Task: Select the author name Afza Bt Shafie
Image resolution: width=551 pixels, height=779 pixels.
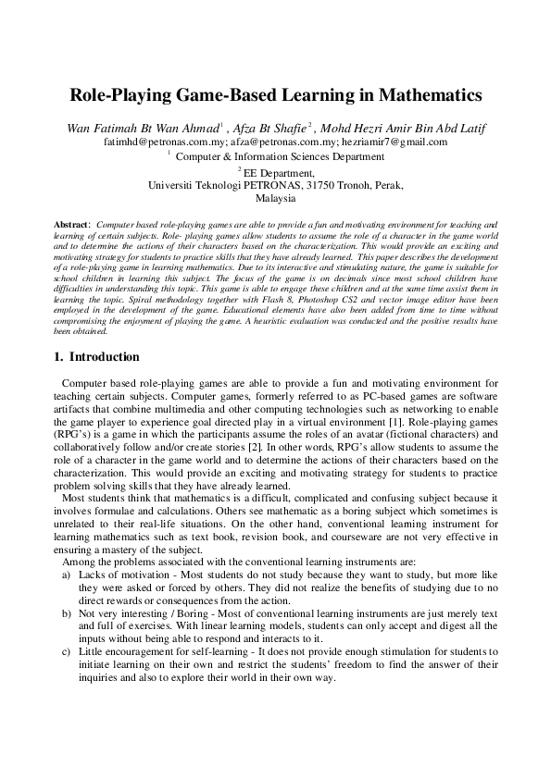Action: pyautogui.click(x=268, y=127)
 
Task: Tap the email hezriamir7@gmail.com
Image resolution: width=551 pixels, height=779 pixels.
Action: pyautogui.click(x=394, y=142)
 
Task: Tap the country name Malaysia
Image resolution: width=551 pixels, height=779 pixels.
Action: pyautogui.click(x=276, y=198)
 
